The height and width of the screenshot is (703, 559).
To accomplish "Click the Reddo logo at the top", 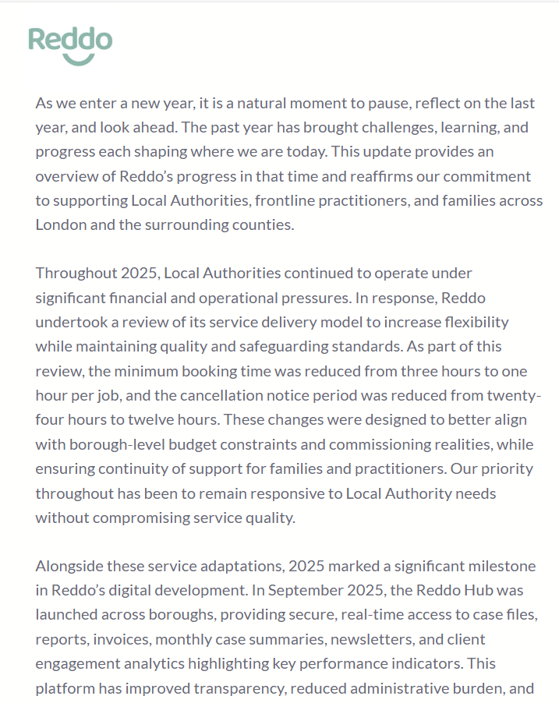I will [70, 44].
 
